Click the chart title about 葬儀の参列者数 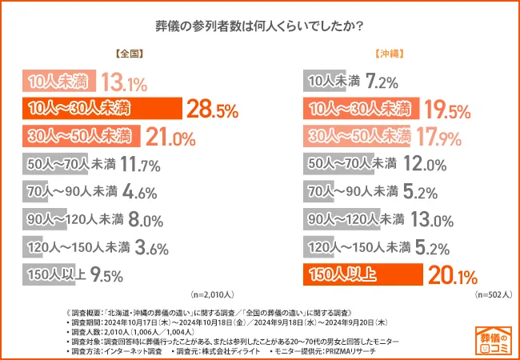point(260,26)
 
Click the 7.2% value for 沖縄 point(382,82)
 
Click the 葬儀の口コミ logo point(494,338)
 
